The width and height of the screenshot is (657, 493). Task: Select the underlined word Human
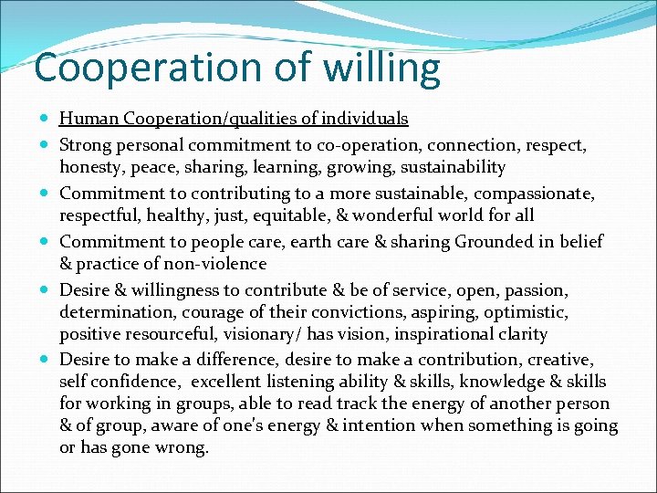[89, 119]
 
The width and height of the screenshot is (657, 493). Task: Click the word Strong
[86, 145]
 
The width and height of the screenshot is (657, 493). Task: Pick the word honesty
[89, 167]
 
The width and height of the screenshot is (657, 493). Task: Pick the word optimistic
[522, 312]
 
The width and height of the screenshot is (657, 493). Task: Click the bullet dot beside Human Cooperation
[46, 119]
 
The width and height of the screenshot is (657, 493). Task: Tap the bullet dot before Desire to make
[46, 361]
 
